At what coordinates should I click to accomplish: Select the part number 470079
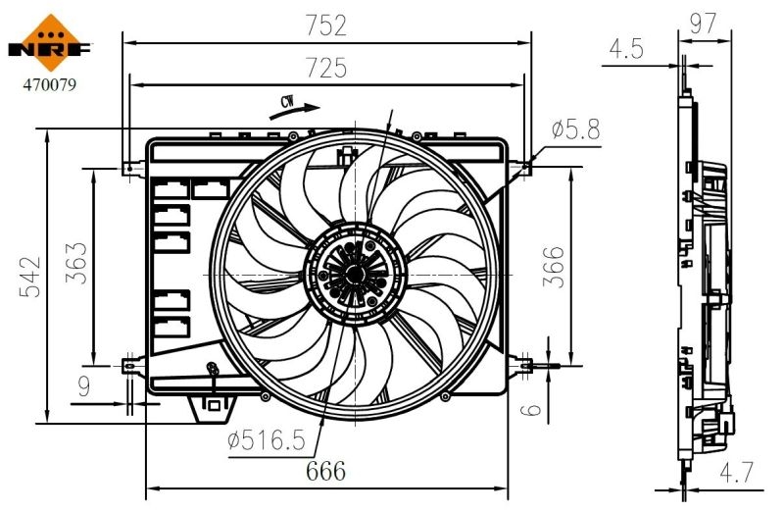coord(49,84)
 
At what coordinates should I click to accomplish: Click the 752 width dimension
coord(325,26)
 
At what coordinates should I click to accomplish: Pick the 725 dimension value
coord(325,68)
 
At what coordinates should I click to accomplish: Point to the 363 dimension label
coord(75,263)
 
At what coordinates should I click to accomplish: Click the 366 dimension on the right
coord(554,266)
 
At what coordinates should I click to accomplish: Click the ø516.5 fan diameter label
coord(266,441)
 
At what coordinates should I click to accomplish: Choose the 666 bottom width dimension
coord(325,471)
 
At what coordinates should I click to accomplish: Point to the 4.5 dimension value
coord(626,49)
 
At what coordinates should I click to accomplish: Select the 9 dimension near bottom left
coord(83,387)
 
